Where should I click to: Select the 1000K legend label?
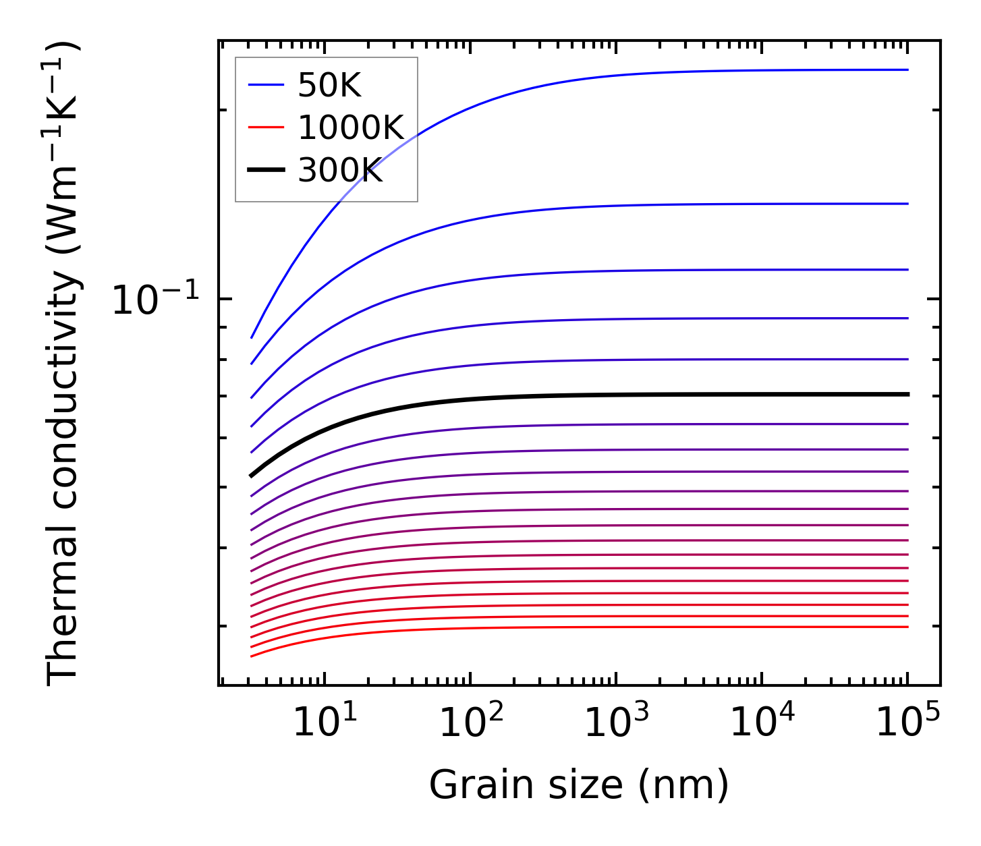point(350,128)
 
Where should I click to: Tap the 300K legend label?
point(340,171)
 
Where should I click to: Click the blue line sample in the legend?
point(267,85)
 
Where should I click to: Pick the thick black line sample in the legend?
point(267,170)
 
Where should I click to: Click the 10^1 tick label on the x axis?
point(325,723)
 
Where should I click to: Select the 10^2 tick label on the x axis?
point(470,723)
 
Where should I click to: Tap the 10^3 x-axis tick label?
point(616,723)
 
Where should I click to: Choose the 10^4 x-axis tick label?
point(762,723)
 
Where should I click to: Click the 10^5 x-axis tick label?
point(907,723)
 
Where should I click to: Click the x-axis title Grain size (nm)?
point(579,785)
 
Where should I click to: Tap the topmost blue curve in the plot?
point(607,75)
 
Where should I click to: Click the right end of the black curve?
point(907,394)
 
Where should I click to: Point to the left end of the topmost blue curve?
point(252,337)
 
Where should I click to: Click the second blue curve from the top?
point(607,206)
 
